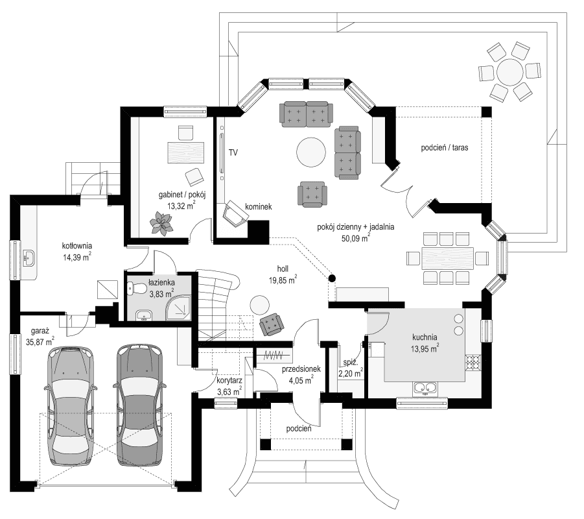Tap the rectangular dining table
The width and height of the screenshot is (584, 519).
(447, 258)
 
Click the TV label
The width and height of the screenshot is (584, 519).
(233, 153)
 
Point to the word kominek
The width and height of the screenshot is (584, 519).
(258, 206)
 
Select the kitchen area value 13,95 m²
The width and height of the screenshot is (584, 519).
(425, 348)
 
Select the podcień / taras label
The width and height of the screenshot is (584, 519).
(445, 148)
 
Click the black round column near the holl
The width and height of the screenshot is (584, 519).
(332, 279)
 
